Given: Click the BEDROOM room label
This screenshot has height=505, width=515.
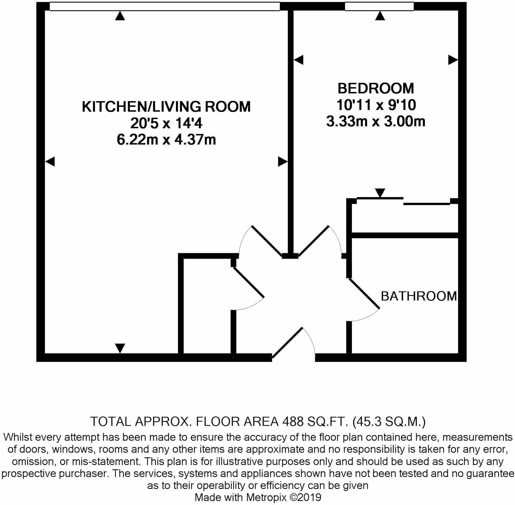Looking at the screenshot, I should tap(376, 88).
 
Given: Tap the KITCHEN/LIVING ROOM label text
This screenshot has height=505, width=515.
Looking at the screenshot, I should tap(166, 107).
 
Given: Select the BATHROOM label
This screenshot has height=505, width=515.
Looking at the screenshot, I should tap(419, 296).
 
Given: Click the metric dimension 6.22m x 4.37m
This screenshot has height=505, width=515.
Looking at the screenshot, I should tap(166, 140).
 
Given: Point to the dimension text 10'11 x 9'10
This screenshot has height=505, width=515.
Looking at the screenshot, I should tap(376, 105).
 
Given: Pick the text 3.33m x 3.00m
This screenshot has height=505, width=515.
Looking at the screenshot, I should tap(376, 122).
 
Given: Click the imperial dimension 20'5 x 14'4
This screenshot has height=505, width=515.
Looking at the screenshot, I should tap(166, 123).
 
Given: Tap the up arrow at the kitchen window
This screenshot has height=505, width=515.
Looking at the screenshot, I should tap(120, 16).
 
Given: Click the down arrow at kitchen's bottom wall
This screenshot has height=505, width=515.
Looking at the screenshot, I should tap(120, 348).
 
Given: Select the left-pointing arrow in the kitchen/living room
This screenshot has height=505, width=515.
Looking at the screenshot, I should tap(50, 162).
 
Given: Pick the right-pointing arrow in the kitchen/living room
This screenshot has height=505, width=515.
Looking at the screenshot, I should tap(283, 162).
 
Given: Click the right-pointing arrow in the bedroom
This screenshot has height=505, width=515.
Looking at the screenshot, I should tap(453, 60).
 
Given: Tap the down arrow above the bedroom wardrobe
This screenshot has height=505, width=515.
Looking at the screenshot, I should tap(380, 193).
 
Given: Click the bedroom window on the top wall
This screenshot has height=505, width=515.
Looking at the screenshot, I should tap(379, 7).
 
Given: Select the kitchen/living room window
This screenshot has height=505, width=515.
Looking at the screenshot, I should tap(165, 7).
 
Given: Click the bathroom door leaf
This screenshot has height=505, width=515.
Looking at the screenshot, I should tap(364, 294).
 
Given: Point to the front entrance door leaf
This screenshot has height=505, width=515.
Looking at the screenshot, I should tap(287, 342).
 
